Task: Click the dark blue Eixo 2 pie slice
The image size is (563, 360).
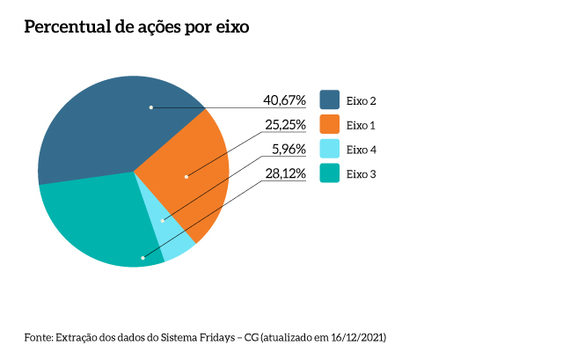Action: [106, 123]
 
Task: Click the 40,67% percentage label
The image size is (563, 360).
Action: [285, 100]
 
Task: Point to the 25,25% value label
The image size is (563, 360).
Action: [285, 125]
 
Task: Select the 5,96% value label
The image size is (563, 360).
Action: [289, 150]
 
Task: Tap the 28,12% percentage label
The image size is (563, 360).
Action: [285, 174]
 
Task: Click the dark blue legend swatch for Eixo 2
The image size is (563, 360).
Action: [330, 100]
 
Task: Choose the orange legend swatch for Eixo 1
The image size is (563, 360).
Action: [330, 125]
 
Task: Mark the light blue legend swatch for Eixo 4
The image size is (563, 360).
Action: [330, 150]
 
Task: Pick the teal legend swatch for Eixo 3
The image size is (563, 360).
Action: [330, 174]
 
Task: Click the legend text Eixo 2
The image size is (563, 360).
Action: [362, 100]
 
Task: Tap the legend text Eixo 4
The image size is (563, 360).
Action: [362, 150]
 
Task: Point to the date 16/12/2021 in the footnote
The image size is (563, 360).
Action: [355, 337]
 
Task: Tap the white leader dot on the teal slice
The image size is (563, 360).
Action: [143, 258]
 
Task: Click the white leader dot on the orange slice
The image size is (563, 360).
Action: [186, 177]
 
